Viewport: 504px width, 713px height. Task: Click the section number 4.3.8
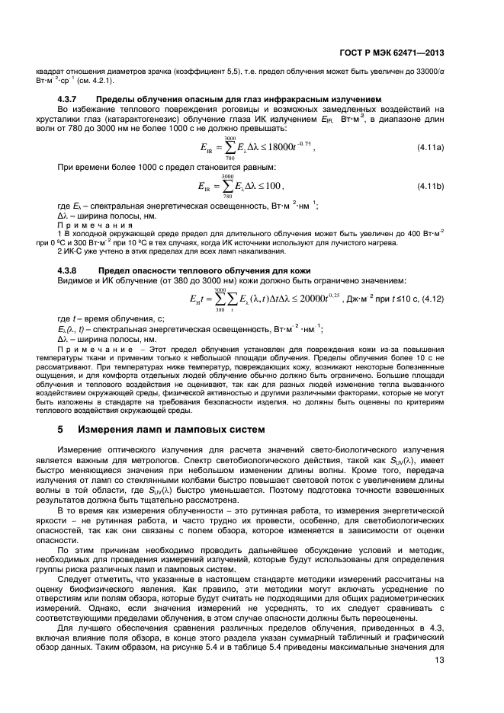(71, 271)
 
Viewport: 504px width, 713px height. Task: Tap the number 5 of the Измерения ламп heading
(61, 430)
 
